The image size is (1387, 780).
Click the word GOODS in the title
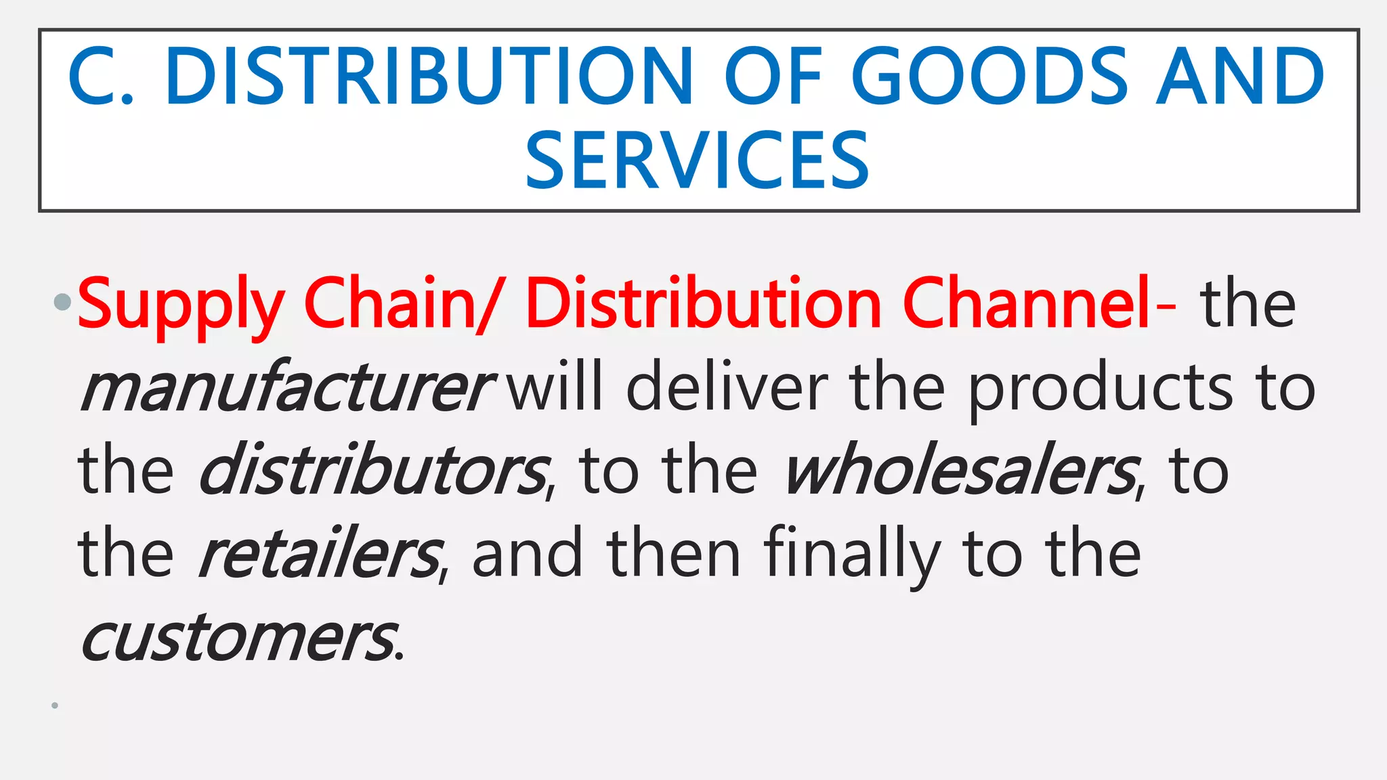(989, 76)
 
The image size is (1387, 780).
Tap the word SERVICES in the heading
(697, 161)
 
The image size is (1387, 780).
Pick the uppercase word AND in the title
(1240, 76)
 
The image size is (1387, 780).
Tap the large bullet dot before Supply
(62, 301)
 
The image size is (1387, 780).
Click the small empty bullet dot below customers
(55, 706)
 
